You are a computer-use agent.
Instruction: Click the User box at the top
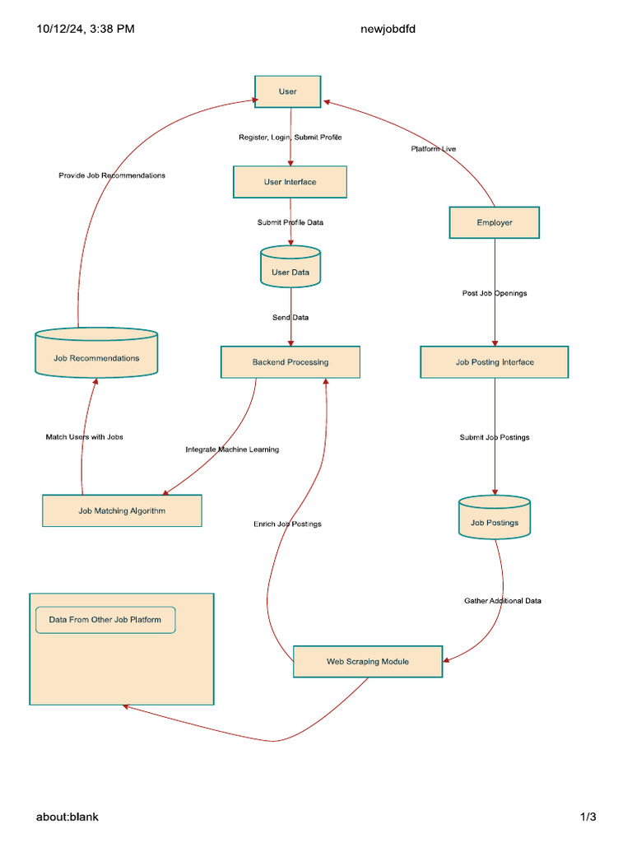pos(287,91)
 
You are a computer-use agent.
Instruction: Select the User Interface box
pos(290,182)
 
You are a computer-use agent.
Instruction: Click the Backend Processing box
pos(290,362)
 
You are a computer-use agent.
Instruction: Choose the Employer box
pos(494,222)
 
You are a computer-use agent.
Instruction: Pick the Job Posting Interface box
pos(494,362)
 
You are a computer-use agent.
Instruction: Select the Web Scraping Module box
pos(367,661)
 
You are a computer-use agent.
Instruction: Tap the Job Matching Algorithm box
pos(122,510)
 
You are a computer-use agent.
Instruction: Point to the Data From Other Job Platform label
pos(105,620)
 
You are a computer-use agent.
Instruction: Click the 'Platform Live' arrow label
pos(434,149)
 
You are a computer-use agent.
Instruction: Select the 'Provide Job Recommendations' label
pos(112,175)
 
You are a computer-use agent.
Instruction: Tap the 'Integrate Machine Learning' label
pos(232,449)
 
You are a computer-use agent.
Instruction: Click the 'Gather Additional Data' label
pos(502,601)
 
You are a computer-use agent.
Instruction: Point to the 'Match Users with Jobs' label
pos(84,437)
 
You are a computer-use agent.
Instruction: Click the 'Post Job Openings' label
pos(494,293)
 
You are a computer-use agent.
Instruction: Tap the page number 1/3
pos(588,817)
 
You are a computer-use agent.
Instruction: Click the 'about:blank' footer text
pos(67,817)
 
